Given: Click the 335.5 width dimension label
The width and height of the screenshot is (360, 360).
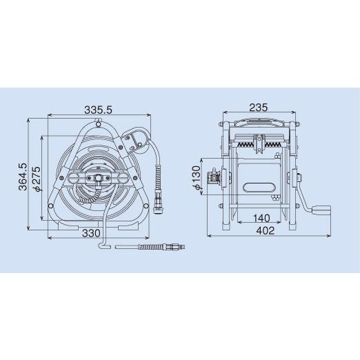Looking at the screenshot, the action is pyautogui.click(x=98, y=110).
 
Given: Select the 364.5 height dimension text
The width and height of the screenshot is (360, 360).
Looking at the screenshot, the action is pyautogui.click(x=23, y=177).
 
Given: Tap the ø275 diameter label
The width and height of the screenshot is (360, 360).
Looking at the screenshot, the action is pyautogui.click(x=37, y=179).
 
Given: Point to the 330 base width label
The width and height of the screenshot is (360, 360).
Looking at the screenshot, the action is pyautogui.click(x=91, y=233).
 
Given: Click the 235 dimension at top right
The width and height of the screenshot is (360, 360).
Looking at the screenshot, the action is pyautogui.click(x=259, y=108).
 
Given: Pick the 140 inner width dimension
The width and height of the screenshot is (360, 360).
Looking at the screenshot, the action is pyautogui.click(x=261, y=218).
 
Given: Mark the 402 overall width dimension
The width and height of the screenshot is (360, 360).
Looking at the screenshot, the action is pyautogui.click(x=266, y=230).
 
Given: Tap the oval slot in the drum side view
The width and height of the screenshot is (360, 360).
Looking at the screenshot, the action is pyautogui.click(x=259, y=187).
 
